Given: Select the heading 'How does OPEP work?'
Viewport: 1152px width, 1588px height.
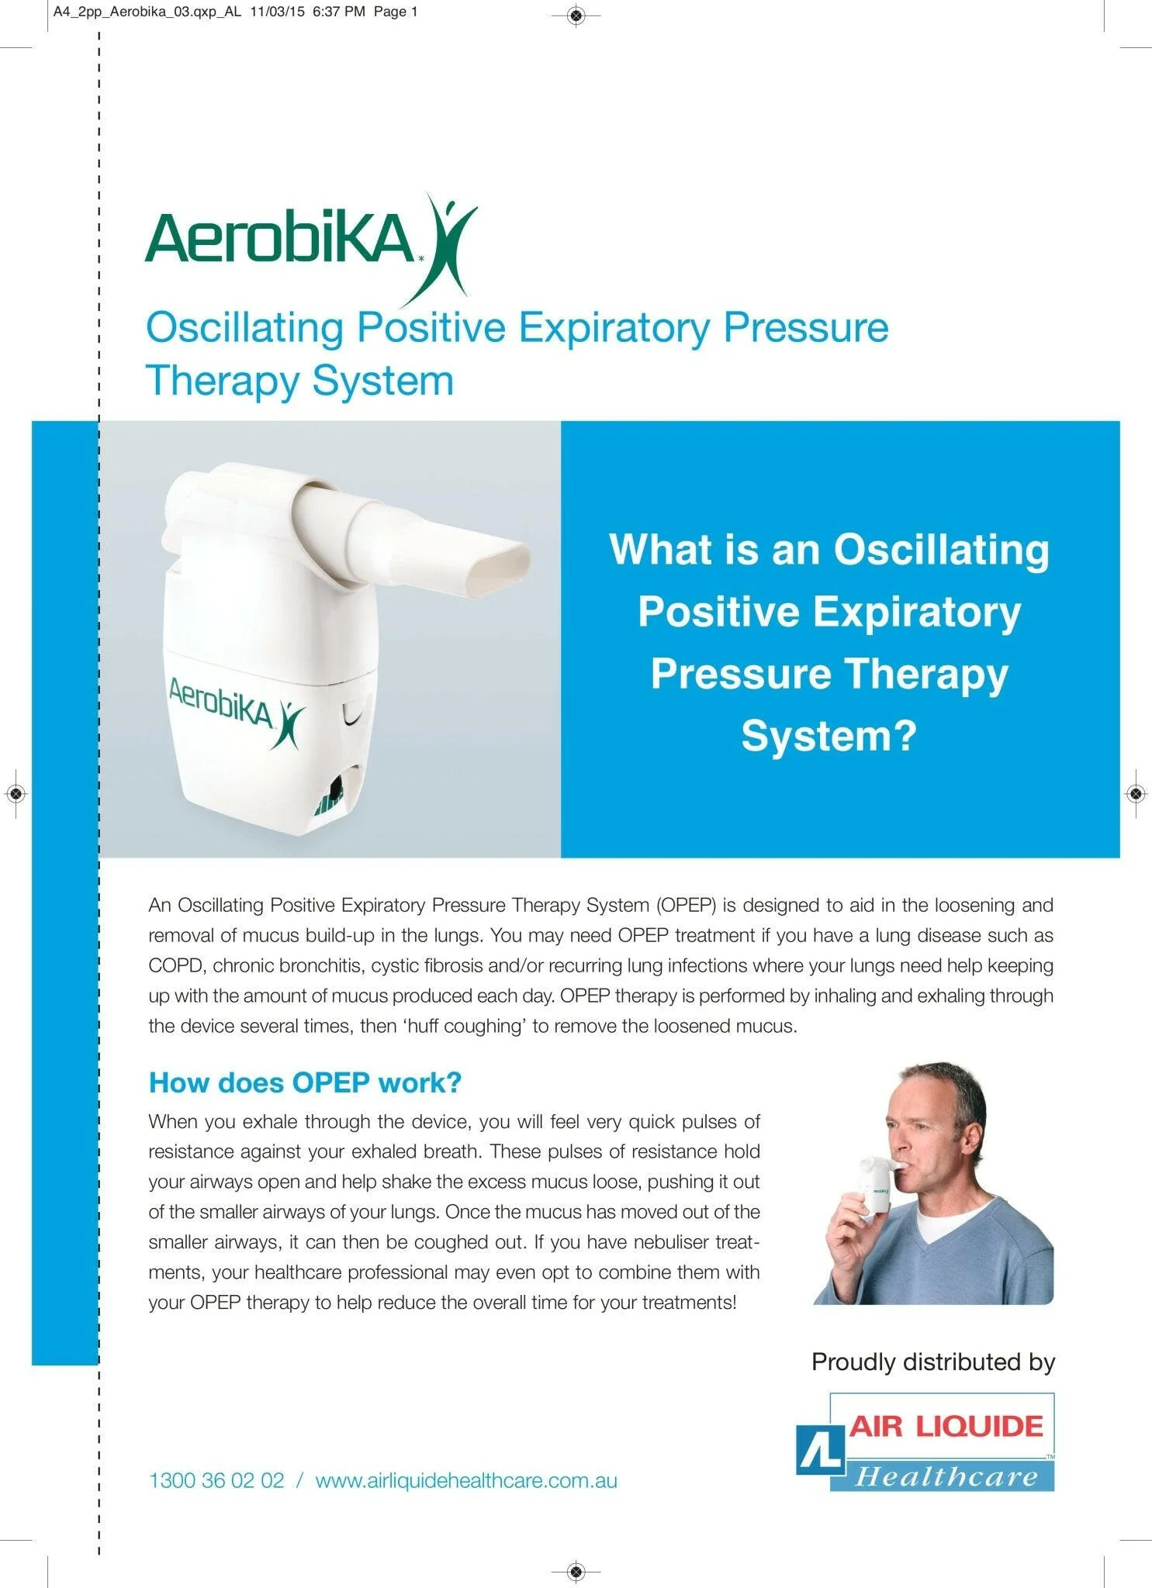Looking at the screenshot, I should tap(305, 1082).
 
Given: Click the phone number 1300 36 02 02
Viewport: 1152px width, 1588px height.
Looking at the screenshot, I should tap(216, 1480).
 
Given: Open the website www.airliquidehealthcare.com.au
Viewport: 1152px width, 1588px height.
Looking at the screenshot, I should tap(466, 1480).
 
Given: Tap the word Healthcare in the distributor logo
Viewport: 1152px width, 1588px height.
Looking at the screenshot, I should tap(946, 1476).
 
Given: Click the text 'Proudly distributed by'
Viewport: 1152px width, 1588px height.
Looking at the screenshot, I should tap(932, 1362).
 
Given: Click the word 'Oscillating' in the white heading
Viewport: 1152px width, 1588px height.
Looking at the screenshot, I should tap(941, 549).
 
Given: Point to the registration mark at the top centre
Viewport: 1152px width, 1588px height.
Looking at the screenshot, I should tap(576, 14).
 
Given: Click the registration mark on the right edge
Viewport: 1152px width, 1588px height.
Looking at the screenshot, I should tap(1135, 793).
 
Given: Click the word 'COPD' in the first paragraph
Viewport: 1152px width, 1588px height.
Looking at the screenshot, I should tap(176, 965).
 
